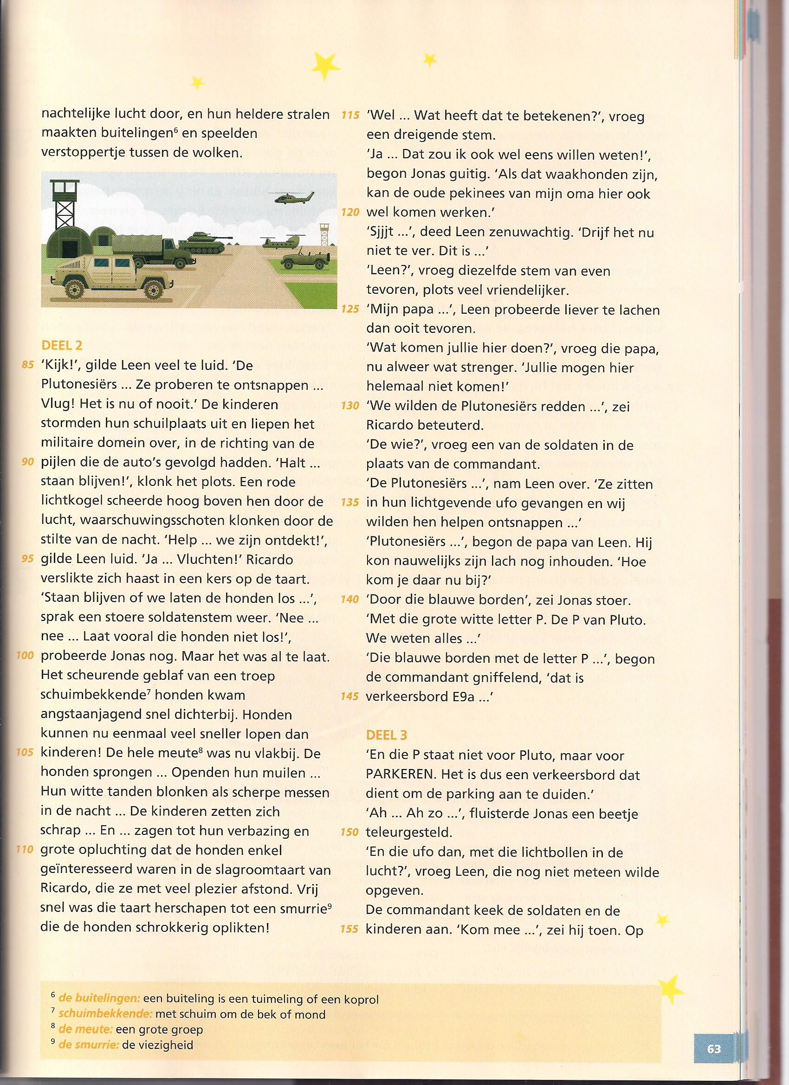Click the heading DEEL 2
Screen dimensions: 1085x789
pyautogui.click(x=62, y=345)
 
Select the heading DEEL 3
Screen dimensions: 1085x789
pyautogui.click(x=387, y=735)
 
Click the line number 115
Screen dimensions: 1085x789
pyautogui.click(x=350, y=116)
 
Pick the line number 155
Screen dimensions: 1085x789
pyautogui.click(x=349, y=929)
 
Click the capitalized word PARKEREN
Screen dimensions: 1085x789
pyautogui.click(x=400, y=775)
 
